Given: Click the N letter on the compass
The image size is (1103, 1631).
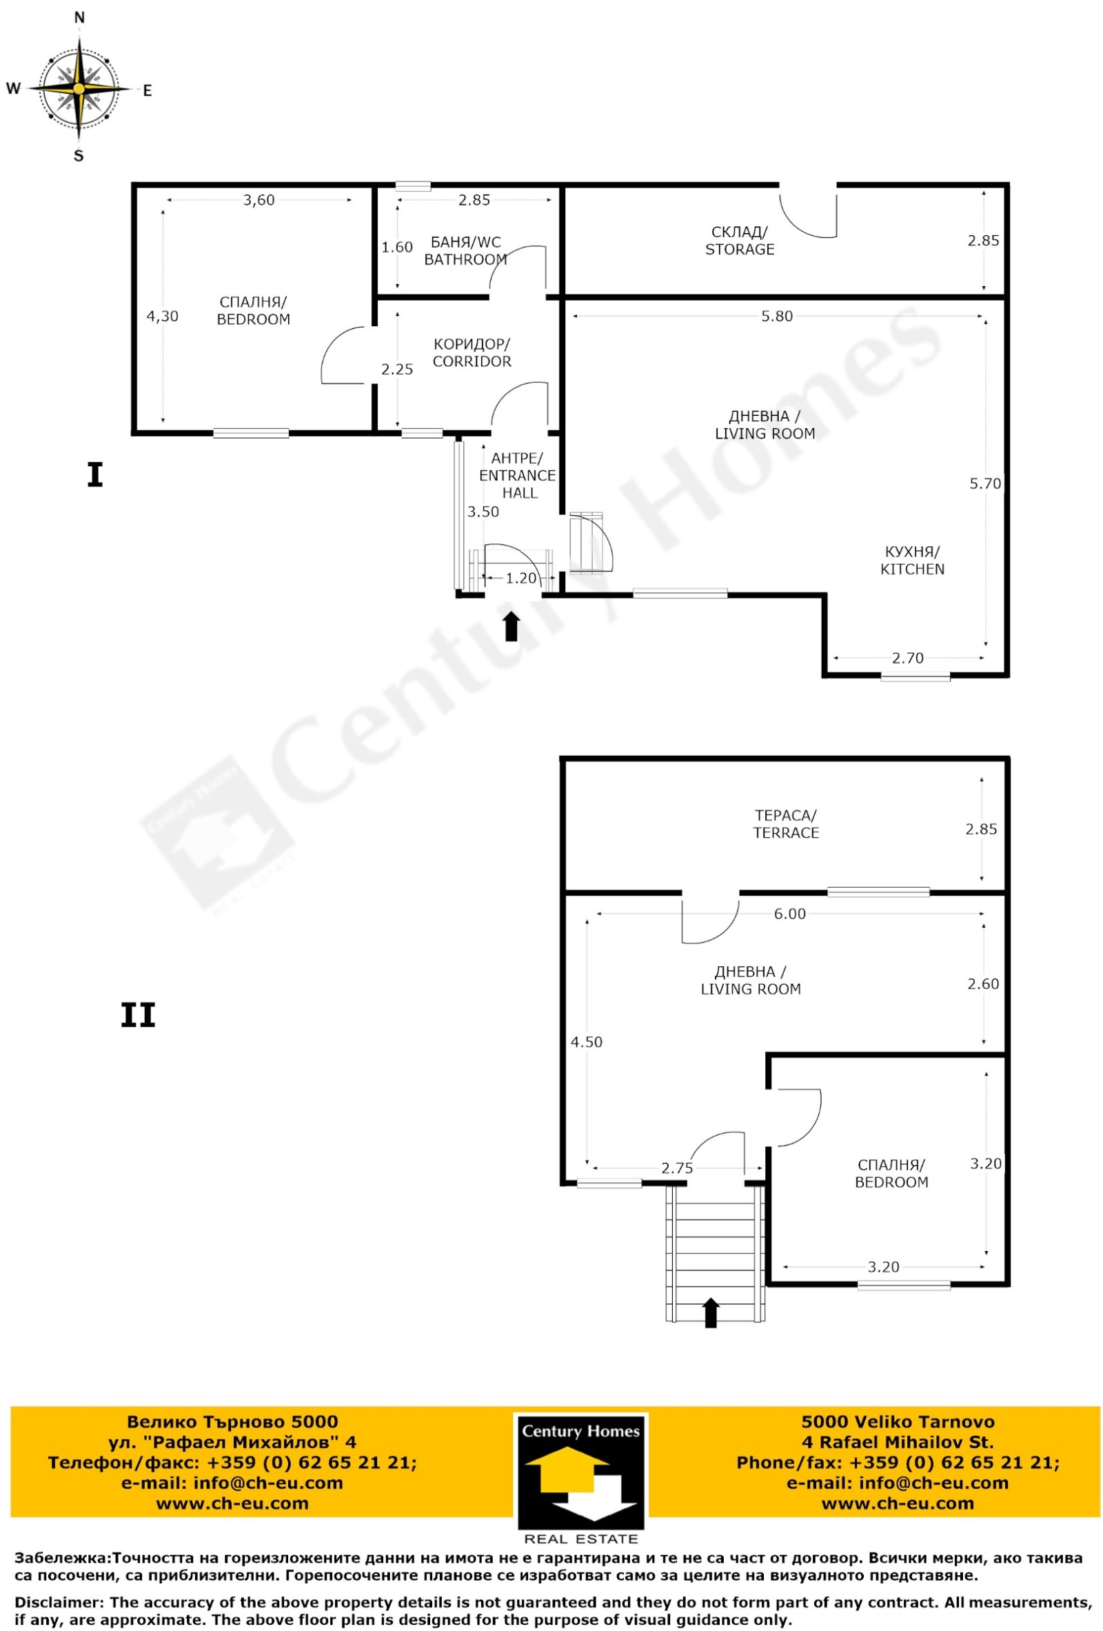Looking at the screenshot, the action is tap(79, 18).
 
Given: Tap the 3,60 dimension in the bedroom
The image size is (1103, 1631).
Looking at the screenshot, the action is tap(259, 200).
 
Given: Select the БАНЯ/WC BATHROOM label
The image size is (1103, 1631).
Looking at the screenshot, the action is tap(465, 250).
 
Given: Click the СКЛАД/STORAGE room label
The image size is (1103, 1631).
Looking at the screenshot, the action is tap(740, 240).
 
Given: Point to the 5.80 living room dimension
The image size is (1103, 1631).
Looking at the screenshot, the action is tap(777, 316).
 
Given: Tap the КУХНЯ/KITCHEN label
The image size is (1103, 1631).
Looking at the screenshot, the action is tap(912, 560).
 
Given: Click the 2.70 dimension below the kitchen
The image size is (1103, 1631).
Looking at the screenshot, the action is tap(908, 658).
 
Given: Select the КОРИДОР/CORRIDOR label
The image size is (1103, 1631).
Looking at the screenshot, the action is tap(472, 352).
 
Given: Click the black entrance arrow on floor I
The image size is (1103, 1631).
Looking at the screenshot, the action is tap(512, 626).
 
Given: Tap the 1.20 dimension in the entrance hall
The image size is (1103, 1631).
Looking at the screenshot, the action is tap(521, 578).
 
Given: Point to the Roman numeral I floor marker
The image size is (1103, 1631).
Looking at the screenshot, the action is tap(94, 475).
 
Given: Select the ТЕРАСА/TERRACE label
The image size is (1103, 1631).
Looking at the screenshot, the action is tap(786, 823).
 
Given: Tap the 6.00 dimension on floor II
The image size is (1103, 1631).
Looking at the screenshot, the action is tap(789, 913).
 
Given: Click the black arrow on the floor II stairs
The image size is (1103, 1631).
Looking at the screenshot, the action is tap(711, 1312).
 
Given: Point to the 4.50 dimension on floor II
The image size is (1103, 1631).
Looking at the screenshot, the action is tap(587, 1041).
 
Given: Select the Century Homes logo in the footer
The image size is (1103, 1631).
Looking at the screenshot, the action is tap(581, 1477).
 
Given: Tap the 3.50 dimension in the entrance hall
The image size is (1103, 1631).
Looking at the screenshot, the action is tap(483, 512).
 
